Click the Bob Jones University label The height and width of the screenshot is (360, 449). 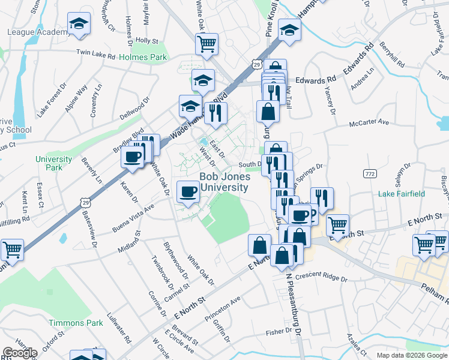pos(224,182)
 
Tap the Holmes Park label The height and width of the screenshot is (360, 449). pos(142,58)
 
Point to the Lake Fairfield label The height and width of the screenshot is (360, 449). pos(402,194)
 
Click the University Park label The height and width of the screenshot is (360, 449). pos(53,163)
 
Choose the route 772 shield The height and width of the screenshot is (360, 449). pos(369,173)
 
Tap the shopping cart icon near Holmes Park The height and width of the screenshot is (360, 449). pos(206,44)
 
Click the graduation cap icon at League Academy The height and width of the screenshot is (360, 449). pos(78,24)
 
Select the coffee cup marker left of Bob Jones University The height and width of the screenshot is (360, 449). pos(188,191)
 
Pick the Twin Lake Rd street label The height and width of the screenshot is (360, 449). pos(95,53)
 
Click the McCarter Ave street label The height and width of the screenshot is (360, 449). pos(370,124)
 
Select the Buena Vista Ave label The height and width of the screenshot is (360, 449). pos(133,217)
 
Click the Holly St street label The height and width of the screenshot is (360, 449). pos(146,41)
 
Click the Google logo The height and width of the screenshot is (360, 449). pos(20,353)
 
